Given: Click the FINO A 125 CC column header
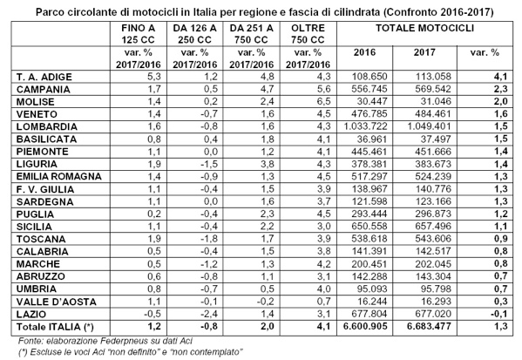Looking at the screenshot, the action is tap(139, 34).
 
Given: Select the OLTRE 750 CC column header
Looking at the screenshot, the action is tap(308, 34).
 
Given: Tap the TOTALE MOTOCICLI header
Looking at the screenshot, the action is tap(424, 28).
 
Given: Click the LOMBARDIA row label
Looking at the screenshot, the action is tap(47, 127).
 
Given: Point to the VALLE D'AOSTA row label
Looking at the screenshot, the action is tap(57, 302).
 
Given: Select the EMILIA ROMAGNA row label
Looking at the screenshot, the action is tap(59, 176).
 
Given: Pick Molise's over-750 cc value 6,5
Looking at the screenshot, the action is tap(323, 102).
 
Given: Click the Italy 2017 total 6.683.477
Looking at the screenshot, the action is tap(429, 326).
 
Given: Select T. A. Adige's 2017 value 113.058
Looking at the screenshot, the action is tap(433, 77).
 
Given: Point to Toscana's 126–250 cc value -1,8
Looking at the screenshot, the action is tap(209, 239).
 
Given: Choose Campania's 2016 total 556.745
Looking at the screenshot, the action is tap(369, 89).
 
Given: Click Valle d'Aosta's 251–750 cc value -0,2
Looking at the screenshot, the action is tap(266, 302).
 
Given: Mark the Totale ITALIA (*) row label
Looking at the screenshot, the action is tap(55, 327).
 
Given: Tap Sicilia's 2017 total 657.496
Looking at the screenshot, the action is tap(433, 227).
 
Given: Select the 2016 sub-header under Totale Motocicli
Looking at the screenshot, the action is tap(364, 52).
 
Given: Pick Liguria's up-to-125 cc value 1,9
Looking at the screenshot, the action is tap(153, 164).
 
